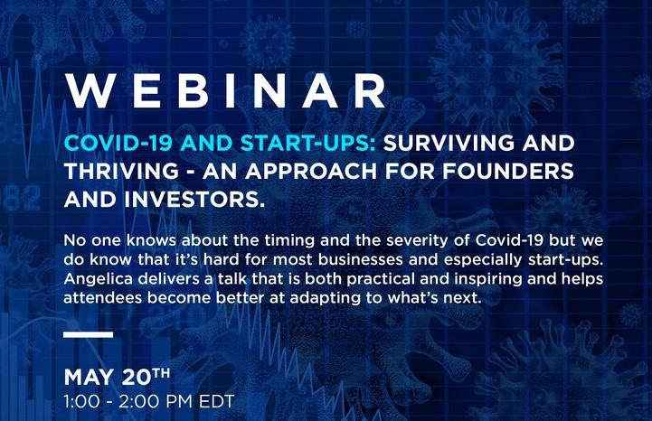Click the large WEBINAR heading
226,91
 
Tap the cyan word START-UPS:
309,144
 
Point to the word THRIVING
121,172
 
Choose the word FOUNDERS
507,172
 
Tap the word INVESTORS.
194,200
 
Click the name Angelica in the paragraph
99,280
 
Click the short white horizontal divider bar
88,334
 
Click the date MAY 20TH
117,377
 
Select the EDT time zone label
217,401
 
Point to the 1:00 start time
81,401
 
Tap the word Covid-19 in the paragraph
509,240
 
